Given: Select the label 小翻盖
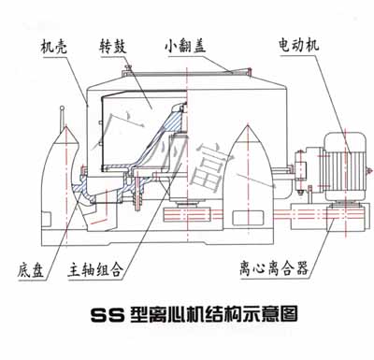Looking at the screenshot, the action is (x=184, y=43).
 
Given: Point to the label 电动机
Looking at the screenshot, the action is (x=297, y=44).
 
